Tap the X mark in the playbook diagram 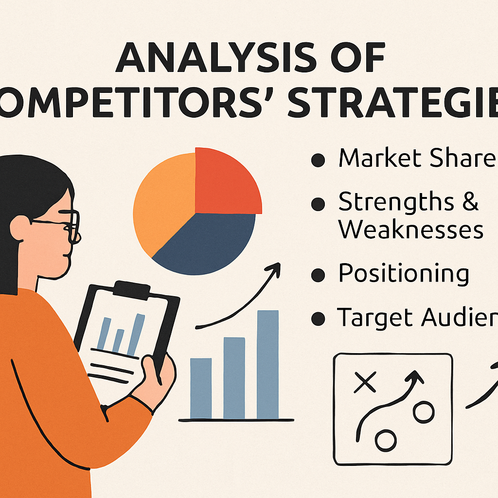tap(365, 382)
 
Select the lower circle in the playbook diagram tap(386, 441)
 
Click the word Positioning tap(404, 273)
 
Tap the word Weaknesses tap(411, 230)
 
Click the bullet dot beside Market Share tap(318, 161)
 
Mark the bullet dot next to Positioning tap(318, 275)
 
